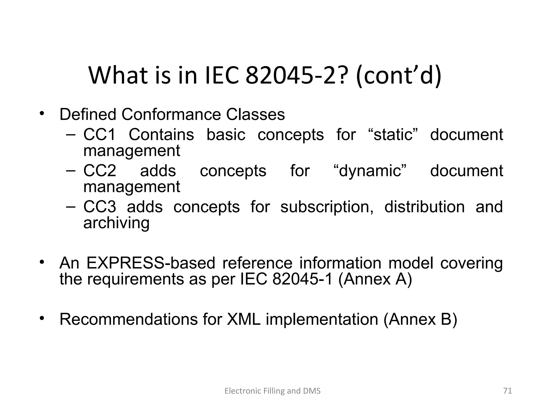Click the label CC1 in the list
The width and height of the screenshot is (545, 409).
(100, 134)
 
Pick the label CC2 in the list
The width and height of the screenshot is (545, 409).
(100, 171)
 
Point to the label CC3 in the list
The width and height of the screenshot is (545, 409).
(100, 207)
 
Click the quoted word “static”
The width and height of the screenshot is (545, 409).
(393, 134)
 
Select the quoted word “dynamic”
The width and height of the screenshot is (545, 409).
(370, 171)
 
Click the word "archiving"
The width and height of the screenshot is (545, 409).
(116, 223)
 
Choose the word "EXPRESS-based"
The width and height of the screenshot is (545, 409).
(151, 263)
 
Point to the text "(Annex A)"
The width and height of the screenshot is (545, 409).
(375, 279)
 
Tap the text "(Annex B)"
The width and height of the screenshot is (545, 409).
(420, 319)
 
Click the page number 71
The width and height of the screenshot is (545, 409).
(507, 391)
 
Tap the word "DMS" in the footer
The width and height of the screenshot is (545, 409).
(312, 391)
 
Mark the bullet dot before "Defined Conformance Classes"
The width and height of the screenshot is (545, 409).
(41, 114)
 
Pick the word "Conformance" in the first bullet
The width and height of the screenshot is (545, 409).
(171, 114)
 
